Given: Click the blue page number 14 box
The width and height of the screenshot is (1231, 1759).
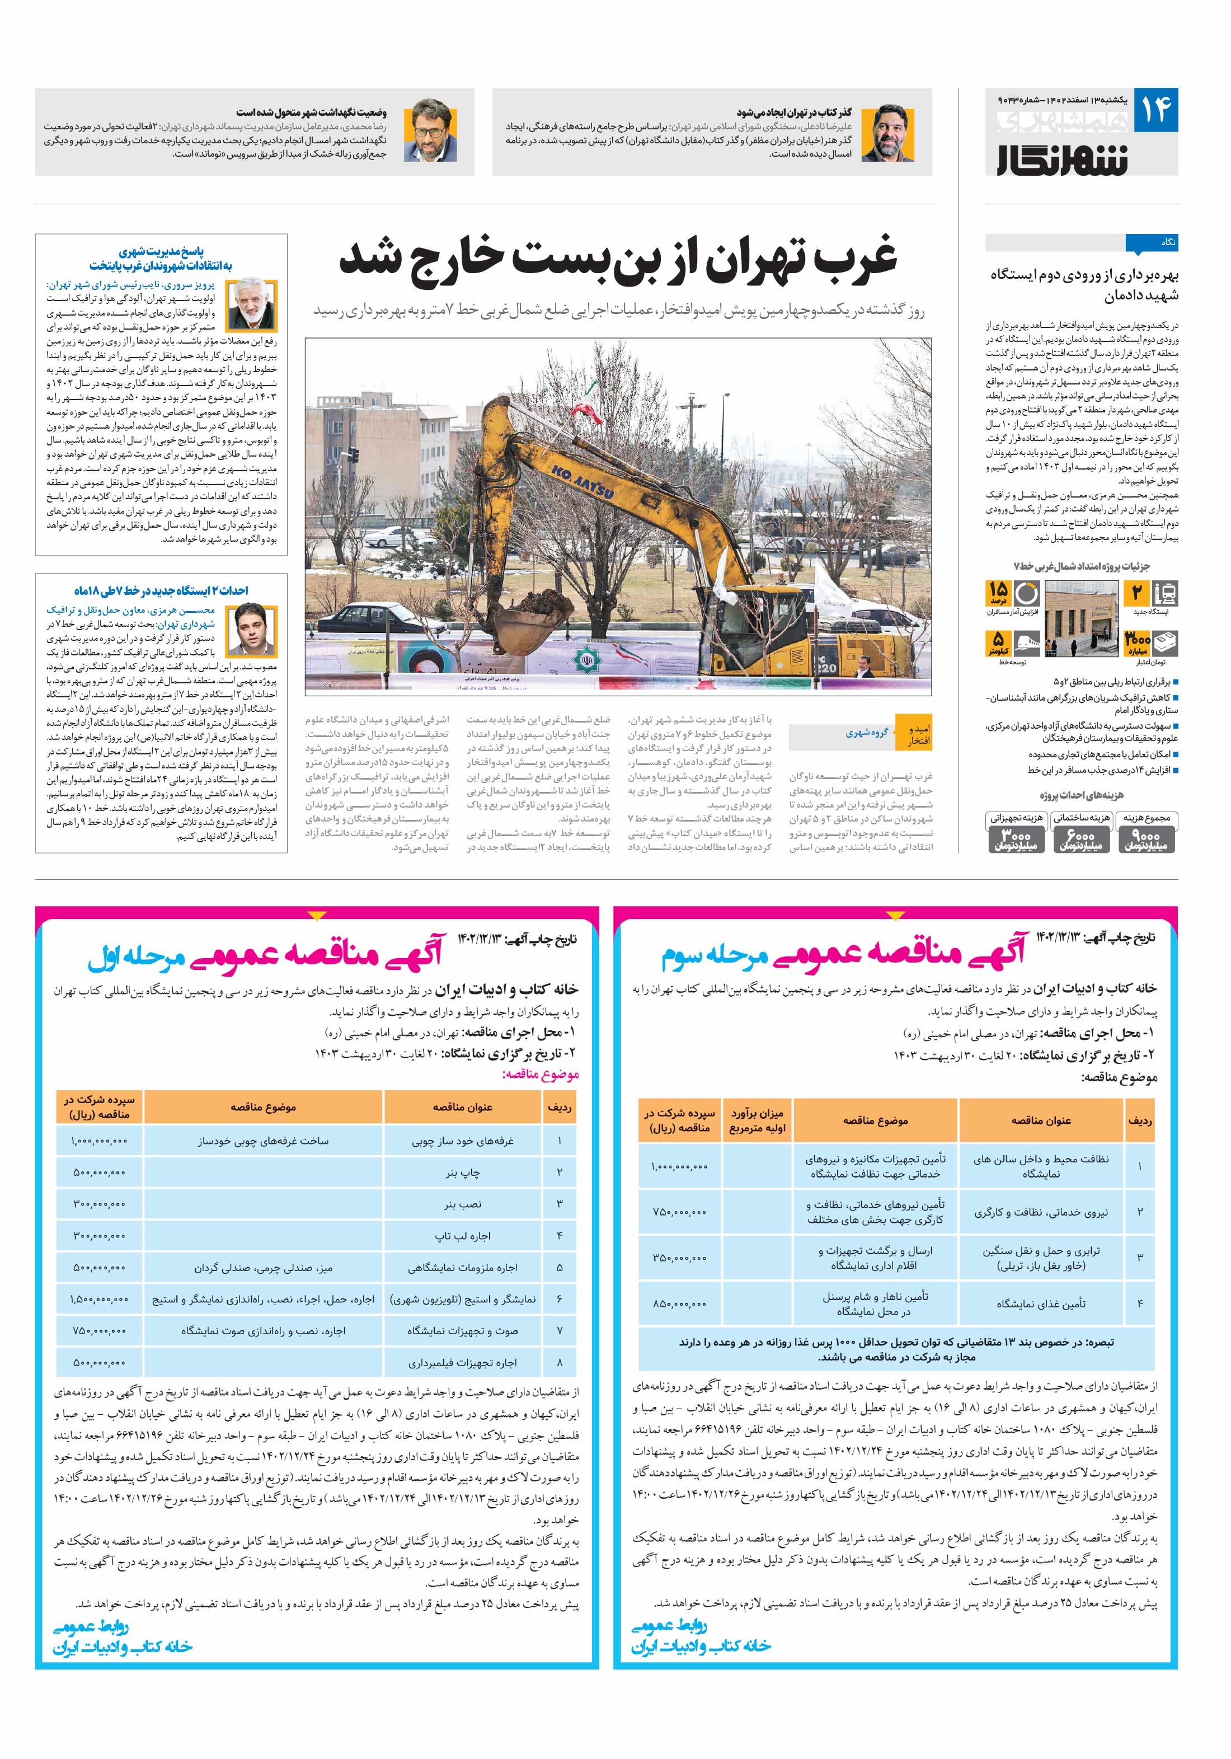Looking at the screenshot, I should pyautogui.click(x=1155, y=110).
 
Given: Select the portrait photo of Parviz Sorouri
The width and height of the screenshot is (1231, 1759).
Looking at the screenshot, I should pyautogui.click(x=253, y=305).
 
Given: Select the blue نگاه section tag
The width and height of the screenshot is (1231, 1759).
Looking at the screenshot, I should pyautogui.click(x=1152, y=243).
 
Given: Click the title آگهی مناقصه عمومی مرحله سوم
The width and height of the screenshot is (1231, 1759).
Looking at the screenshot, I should pyautogui.click(x=843, y=953).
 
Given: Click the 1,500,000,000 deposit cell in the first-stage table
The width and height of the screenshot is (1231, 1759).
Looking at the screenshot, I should pyautogui.click(x=100, y=1300).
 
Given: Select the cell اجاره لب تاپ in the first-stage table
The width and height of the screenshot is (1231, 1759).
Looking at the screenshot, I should pyautogui.click(x=463, y=1236).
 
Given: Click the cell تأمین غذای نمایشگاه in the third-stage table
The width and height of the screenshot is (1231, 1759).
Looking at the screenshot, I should pyautogui.click(x=1040, y=1303).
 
